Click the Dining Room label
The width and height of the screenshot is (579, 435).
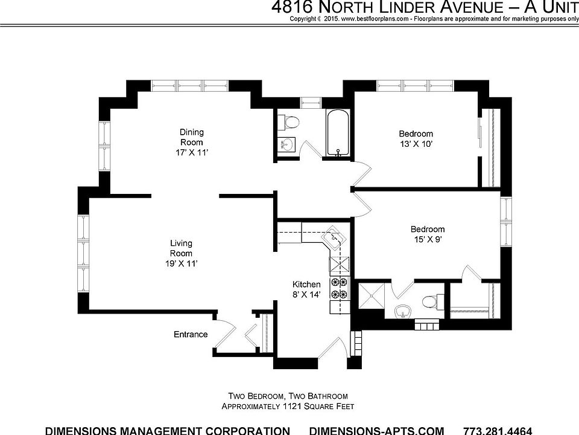[x=192, y=137]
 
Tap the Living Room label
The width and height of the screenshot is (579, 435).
[x=181, y=248]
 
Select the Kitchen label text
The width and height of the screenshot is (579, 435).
[x=306, y=285]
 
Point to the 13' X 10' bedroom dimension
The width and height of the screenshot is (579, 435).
[x=416, y=144]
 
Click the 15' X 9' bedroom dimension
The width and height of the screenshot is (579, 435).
[x=427, y=239]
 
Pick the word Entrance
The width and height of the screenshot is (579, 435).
[x=191, y=335]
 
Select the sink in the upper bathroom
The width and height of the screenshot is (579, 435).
[x=286, y=145]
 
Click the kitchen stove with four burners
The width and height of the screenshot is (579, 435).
[x=339, y=288]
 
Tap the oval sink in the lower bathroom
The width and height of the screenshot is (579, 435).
[x=402, y=313]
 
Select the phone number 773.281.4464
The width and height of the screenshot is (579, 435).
[x=498, y=431]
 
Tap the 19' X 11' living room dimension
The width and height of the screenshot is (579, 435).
[x=180, y=264]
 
